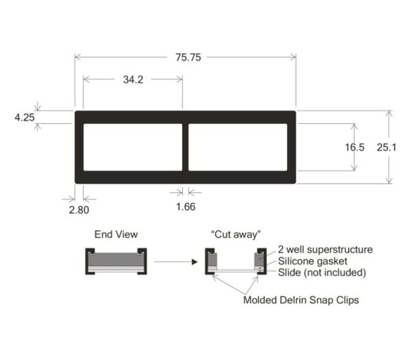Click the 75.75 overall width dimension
point(188,57)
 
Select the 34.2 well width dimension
point(133,80)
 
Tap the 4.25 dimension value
point(25,117)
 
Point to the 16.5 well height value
point(354,147)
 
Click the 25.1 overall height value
point(386,147)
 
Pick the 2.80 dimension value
point(79,210)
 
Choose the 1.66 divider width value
point(185,207)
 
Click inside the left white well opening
point(133,147)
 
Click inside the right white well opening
point(238,147)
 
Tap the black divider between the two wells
point(185,147)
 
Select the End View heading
point(116,234)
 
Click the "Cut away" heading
point(236,234)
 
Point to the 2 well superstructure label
point(325,249)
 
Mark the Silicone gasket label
point(312,261)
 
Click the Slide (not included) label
point(322,273)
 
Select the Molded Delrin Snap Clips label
point(301,300)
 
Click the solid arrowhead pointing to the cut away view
point(195,262)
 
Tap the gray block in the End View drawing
point(116,260)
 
